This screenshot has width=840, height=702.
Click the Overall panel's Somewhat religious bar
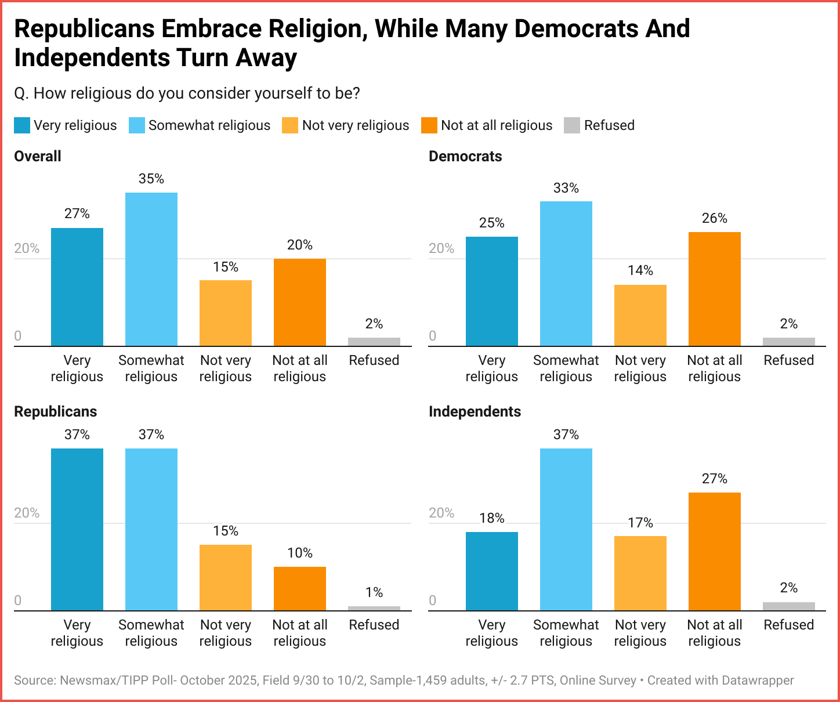tap(151, 269)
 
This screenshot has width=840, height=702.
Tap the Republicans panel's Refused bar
tap(374, 609)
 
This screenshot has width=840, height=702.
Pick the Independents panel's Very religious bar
tap(492, 571)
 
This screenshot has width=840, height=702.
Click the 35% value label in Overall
tap(151, 179)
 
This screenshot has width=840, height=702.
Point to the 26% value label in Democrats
tap(715, 218)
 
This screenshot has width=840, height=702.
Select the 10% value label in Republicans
tap(300, 553)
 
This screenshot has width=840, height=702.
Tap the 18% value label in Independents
tap(492, 518)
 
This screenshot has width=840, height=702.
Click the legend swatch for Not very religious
tap(290, 125)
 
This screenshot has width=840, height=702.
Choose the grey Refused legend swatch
tap(572, 125)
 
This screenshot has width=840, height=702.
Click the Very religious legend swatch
tap(22, 125)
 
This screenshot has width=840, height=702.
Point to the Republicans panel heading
tap(56, 411)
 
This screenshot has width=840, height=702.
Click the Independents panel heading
tap(475, 411)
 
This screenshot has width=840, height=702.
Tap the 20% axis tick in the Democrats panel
tap(441, 248)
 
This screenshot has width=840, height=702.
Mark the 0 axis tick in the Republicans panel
tap(18, 600)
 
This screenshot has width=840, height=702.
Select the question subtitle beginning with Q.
tap(187, 93)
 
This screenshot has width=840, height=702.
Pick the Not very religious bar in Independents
tap(640, 573)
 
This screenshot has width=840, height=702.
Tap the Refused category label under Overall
tap(374, 360)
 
